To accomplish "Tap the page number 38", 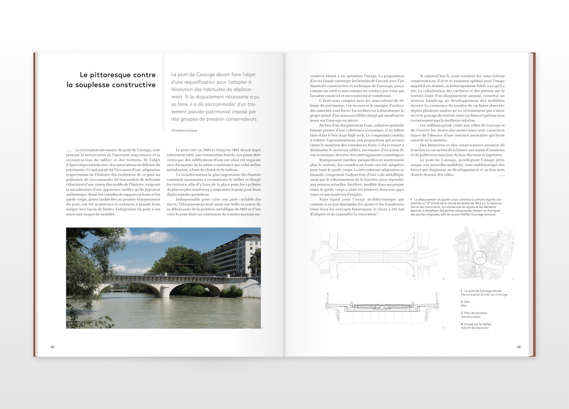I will click(x=52, y=347).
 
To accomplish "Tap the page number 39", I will click(x=519, y=347).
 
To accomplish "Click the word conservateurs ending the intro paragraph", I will click(x=239, y=119).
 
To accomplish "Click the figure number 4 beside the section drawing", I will click(x=443, y=328).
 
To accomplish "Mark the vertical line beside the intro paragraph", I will click(x=164, y=95).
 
